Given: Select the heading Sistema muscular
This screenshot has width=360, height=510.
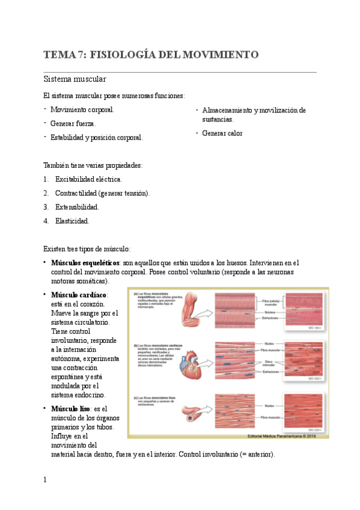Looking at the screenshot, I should [x=75, y=79].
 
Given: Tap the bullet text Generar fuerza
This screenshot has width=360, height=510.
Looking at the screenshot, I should [x=73, y=123].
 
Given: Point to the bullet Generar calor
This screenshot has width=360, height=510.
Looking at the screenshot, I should [x=222, y=133].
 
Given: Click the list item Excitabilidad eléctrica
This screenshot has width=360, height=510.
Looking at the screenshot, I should [x=88, y=179].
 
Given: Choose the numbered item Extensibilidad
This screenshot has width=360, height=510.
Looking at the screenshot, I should [x=77, y=207].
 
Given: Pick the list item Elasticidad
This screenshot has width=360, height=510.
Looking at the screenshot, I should [x=72, y=221].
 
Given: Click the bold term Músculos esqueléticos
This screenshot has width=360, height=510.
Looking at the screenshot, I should [x=85, y=263].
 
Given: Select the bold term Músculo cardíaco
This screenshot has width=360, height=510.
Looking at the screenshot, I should [x=79, y=295].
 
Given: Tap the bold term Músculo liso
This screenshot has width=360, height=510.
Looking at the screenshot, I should [x=70, y=408].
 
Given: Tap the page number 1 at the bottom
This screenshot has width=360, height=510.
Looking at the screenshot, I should [x=45, y=480].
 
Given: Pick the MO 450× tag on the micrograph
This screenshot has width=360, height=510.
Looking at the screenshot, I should [x=314, y=379].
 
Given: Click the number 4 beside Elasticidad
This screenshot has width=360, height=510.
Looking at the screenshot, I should [x=46, y=221].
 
